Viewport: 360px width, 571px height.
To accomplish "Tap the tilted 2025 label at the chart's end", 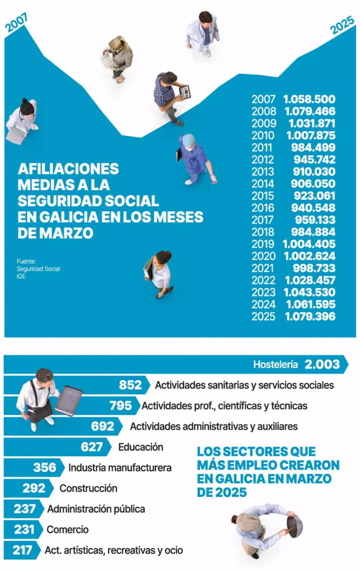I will [x=342, y=25].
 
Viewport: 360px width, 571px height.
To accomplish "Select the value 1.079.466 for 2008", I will [x=309, y=112].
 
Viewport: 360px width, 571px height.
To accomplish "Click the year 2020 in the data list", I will [x=263, y=256].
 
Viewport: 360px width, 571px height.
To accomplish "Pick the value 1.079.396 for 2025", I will [x=309, y=316].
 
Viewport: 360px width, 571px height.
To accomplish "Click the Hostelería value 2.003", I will [x=322, y=365].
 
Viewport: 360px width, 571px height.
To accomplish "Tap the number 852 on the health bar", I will [x=130, y=385].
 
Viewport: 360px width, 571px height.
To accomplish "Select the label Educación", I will [x=140, y=447].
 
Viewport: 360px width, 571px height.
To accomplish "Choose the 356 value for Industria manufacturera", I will [x=45, y=467].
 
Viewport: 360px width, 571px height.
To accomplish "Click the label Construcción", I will [x=88, y=488].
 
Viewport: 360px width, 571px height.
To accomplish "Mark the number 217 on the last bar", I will [x=22, y=550].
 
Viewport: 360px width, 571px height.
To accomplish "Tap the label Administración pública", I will [x=96, y=509].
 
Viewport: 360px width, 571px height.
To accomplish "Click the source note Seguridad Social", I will [x=38, y=269].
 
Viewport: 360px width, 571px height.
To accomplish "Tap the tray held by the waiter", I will [x=68, y=400].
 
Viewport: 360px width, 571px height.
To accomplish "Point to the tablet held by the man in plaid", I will [x=184, y=91].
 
